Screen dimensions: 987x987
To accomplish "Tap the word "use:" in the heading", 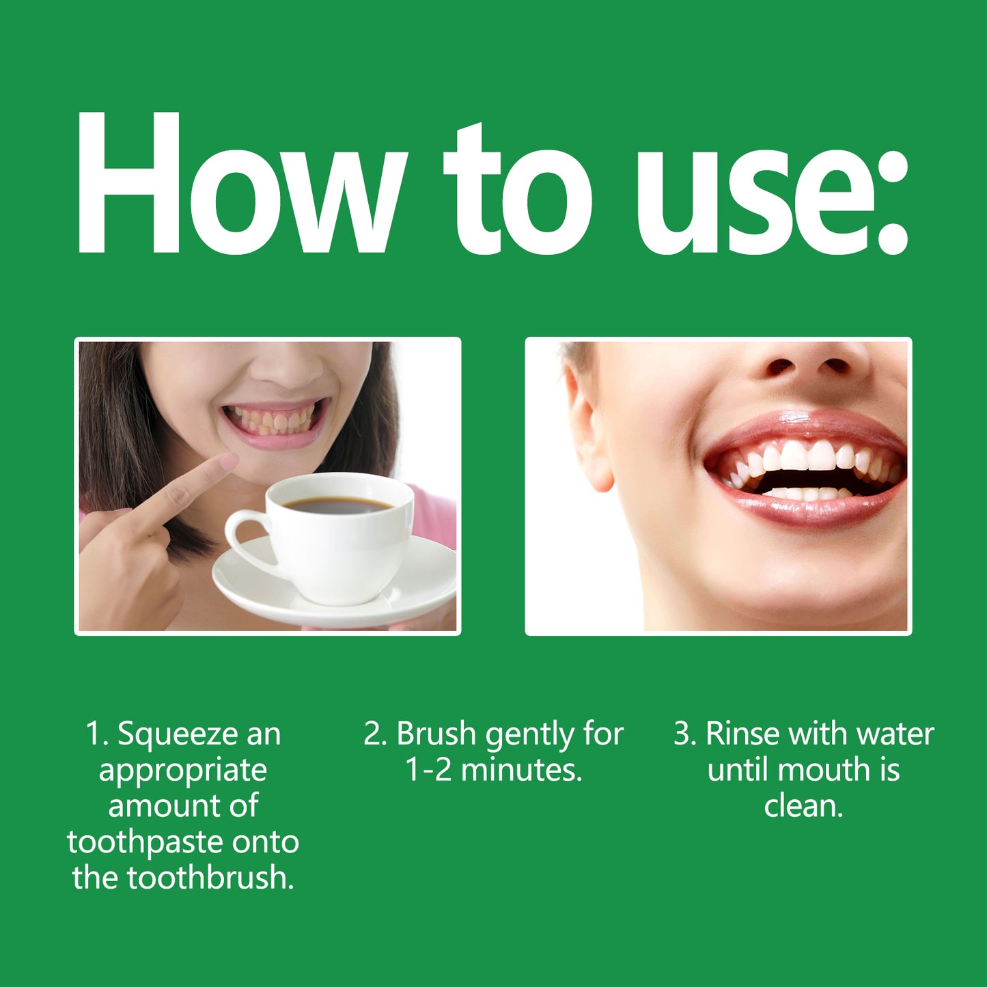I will [772, 198].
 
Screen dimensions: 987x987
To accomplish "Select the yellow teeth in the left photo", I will [273, 420].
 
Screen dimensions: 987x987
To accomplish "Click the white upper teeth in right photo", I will [806, 456].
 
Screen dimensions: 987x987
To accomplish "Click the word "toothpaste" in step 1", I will [145, 842].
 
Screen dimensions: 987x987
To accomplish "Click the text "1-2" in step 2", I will [428, 770].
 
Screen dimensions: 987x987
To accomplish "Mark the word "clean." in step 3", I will [803, 807].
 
